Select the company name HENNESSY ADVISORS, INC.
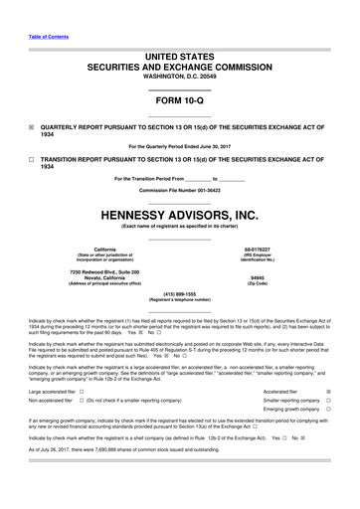179,214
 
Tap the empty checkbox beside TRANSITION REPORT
32,160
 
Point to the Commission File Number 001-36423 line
179,189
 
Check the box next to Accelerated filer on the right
329,393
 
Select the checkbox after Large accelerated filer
82,393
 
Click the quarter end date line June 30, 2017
179,146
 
